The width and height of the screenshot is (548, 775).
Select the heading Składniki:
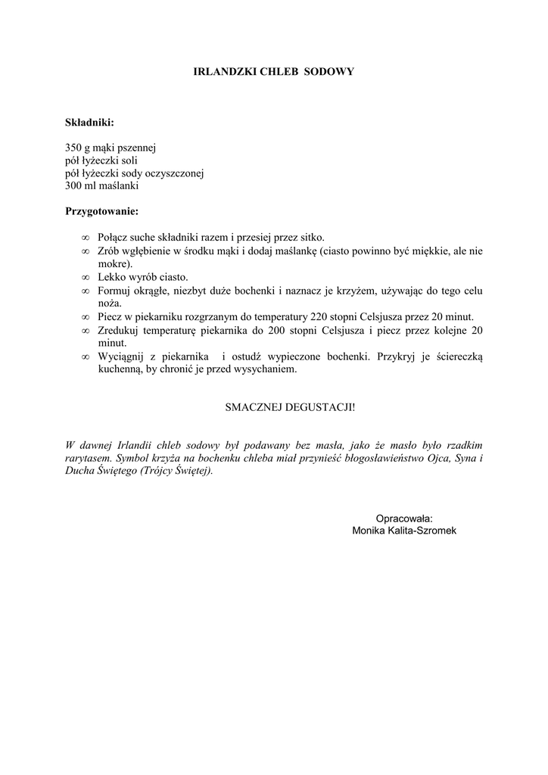click(89, 121)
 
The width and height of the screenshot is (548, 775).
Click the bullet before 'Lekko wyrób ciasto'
click(86, 278)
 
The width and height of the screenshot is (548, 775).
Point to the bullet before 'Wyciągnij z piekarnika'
click(86, 356)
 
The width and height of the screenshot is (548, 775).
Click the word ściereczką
click(456, 356)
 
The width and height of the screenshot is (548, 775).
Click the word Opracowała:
click(404, 518)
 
